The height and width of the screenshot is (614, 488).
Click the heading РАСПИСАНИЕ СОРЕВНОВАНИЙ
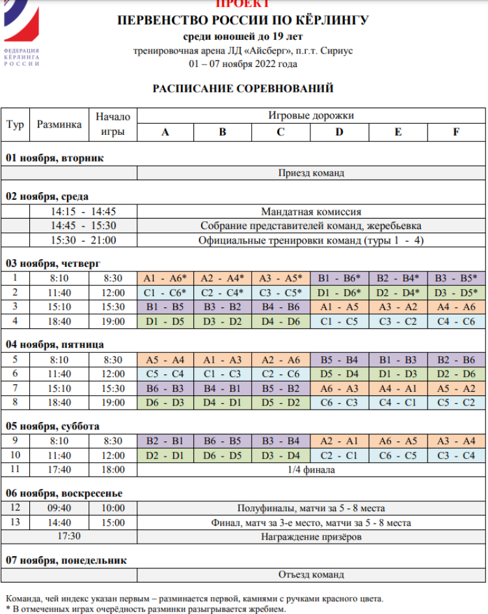coord(243,88)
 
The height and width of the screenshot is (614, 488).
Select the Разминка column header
coord(59,124)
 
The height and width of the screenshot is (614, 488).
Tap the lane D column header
coord(340,132)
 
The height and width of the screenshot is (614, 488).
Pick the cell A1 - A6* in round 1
coord(165,277)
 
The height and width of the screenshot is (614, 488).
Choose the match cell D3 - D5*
coord(455,292)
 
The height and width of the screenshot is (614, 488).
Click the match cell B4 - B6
coord(281,306)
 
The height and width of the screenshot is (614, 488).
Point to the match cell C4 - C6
coord(455,321)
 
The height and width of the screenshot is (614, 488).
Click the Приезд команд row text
coord(311,173)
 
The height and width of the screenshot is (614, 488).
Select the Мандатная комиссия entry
coord(311,212)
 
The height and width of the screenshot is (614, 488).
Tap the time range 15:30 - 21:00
coord(83,240)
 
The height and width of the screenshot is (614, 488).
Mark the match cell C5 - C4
coord(165,374)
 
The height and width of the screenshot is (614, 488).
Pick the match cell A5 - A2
coord(455,388)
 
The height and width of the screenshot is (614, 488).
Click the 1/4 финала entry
coord(311,469)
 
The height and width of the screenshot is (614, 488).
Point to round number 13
coord(16,522)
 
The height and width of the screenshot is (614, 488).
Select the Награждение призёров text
coord(311,537)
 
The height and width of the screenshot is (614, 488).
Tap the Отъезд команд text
coord(311,575)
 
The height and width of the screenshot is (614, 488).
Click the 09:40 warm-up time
coord(59,508)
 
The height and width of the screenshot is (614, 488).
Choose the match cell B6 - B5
coord(223,440)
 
